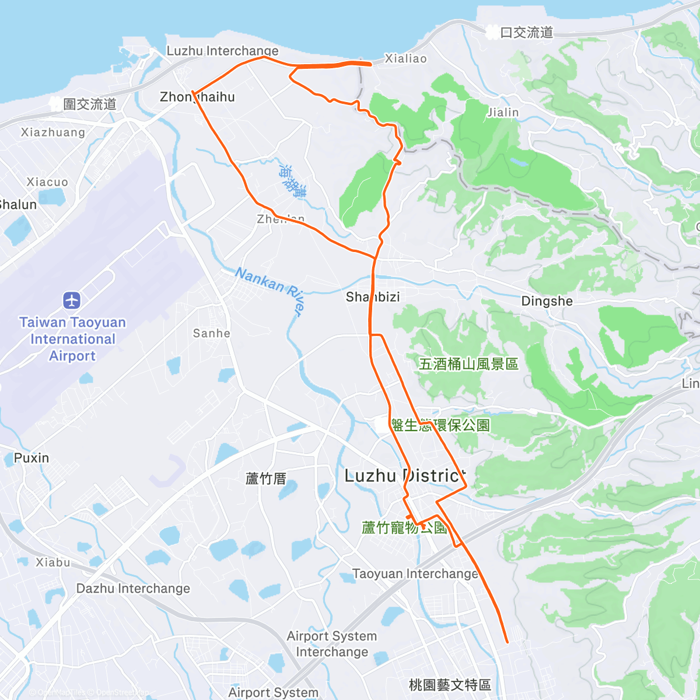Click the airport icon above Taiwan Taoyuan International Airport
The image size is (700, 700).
click(72, 300)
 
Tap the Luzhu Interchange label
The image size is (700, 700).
click(222, 51)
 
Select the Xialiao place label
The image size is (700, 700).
click(405, 58)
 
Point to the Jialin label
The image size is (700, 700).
click(503, 112)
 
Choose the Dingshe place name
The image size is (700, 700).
click(547, 301)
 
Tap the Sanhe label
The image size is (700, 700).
click(211, 333)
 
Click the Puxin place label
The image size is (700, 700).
click(32, 458)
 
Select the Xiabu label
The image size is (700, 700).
click(53, 562)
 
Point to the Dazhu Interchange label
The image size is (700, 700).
click(133, 588)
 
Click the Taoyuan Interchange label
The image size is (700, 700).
click(415, 573)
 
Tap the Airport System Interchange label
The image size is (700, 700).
click(332, 643)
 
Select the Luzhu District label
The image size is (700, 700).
click(405, 476)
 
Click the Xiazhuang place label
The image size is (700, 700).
click(53, 132)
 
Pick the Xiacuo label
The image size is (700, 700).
click(47, 182)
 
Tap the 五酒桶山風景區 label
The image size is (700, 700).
click(468, 364)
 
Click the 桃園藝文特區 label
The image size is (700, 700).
click(450, 684)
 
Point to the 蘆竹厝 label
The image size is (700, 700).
click(266, 479)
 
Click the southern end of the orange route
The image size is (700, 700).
click(507, 642)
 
